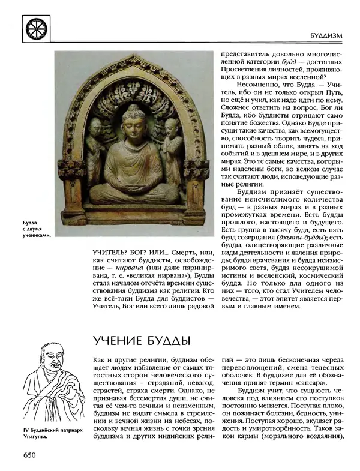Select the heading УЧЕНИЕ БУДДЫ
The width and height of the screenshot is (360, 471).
coord(142,342)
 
